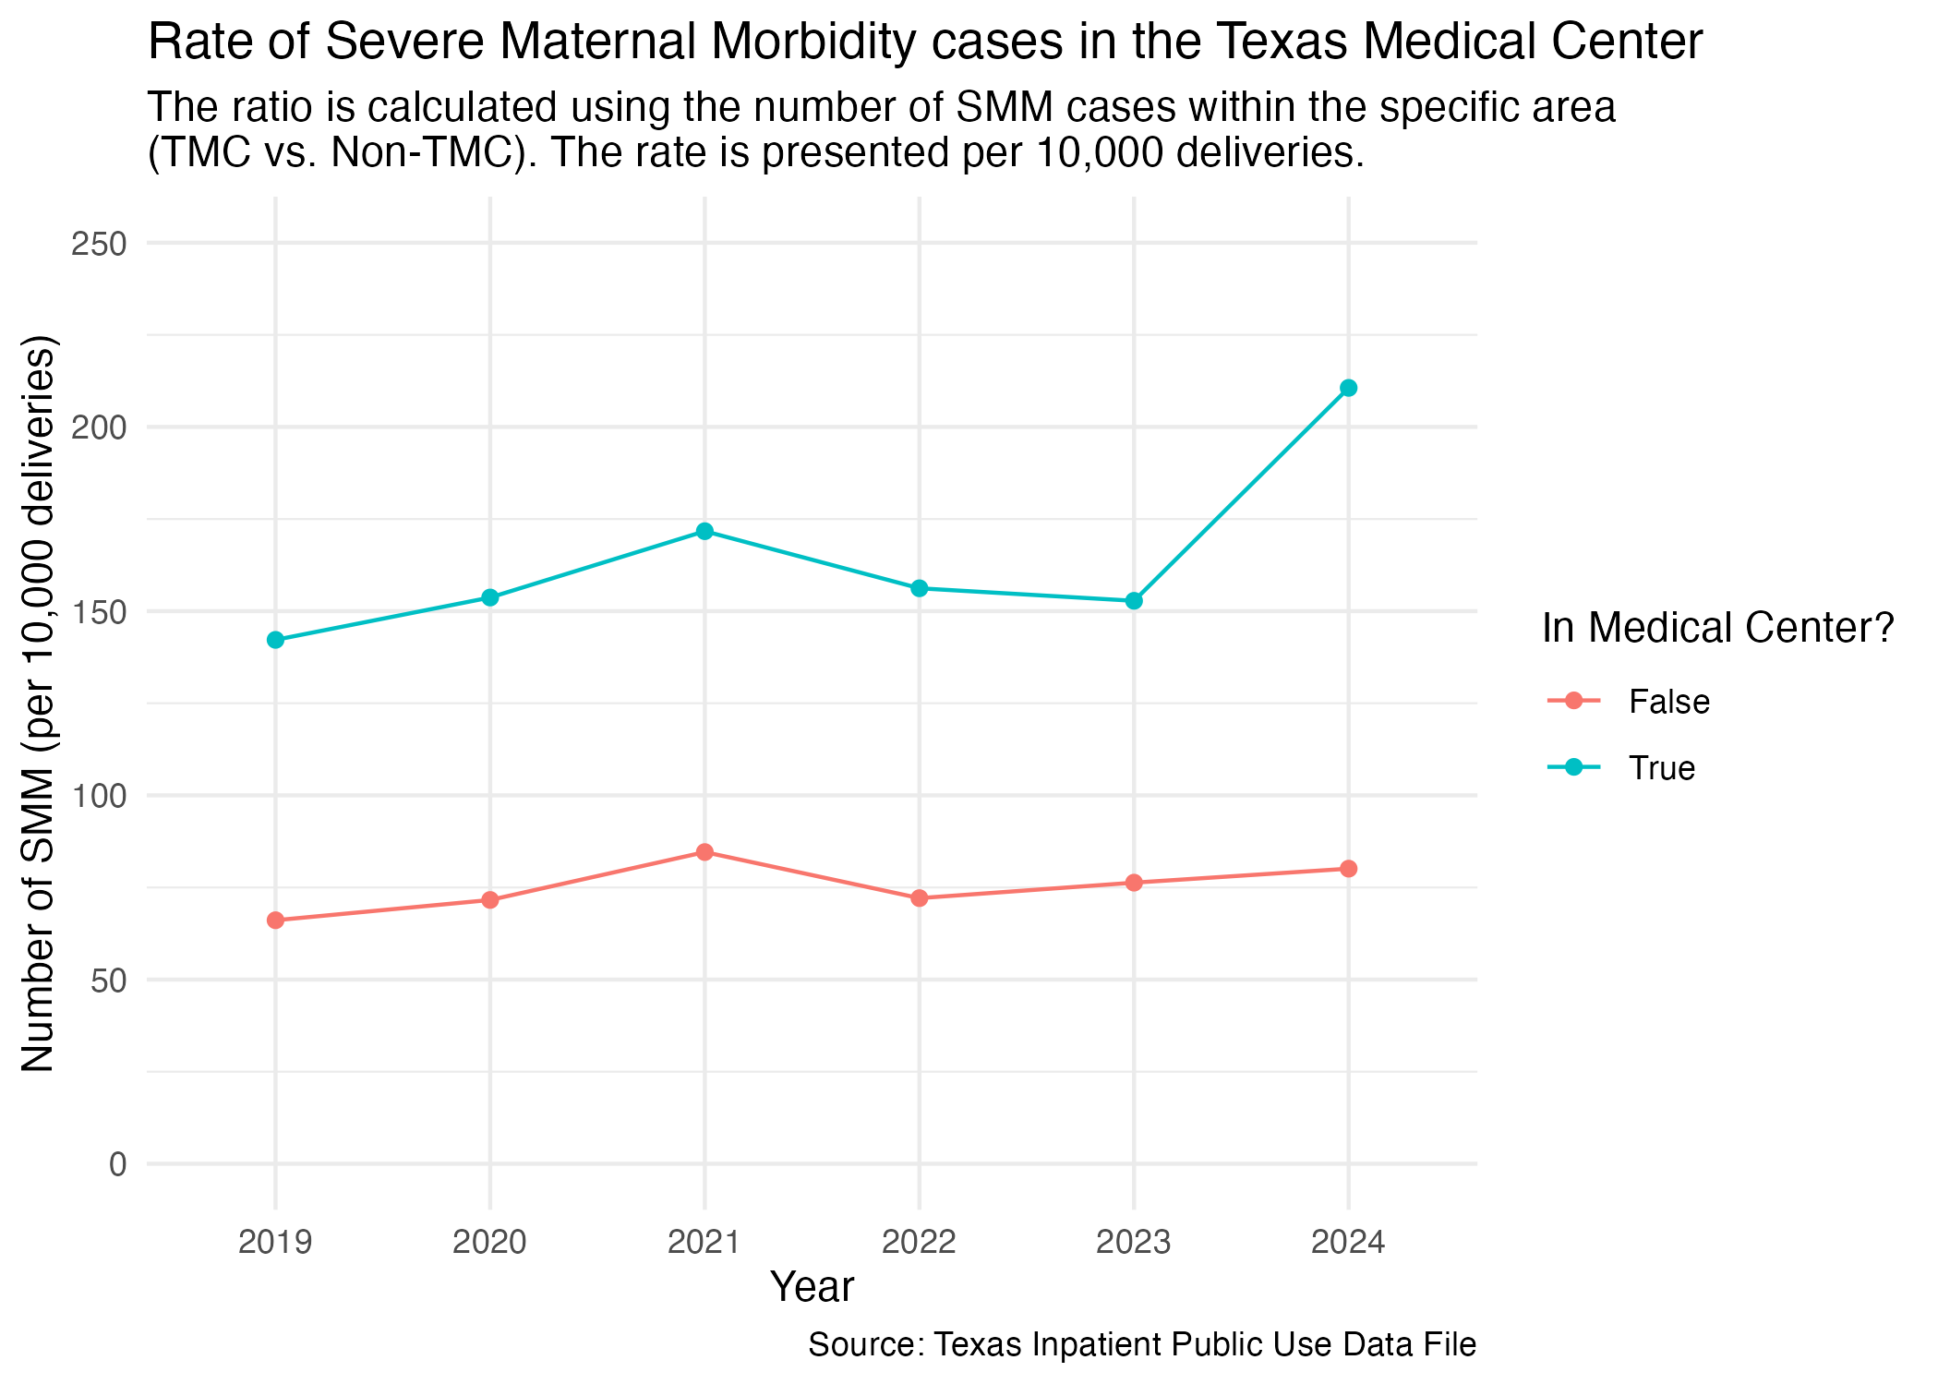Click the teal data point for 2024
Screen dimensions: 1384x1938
[1348, 388]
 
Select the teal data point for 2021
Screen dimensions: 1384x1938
[704, 531]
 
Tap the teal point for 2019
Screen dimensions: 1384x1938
[275, 640]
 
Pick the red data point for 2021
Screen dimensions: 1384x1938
[704, 852]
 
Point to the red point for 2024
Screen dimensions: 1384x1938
[1348, 869]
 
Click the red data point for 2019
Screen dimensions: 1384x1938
[275, 921]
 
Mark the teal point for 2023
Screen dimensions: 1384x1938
[1134, 601]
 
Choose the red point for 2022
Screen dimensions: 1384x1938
[919, 898]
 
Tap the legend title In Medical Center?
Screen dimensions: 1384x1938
[1717, 628]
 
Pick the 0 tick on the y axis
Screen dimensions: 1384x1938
[117, 1164]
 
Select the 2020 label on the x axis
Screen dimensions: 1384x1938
[489, 1243]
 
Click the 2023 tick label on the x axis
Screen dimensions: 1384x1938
[1134, 1243]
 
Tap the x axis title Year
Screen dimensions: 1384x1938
[812, 1287]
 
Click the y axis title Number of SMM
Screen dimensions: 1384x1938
[39, 703]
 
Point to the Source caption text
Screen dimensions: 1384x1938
[1141, 1344]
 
